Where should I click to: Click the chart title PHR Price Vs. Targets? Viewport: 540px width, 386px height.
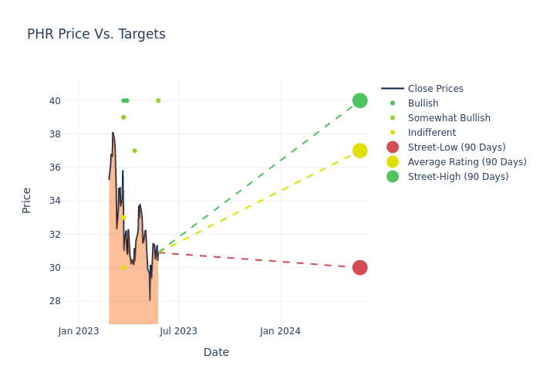coord(96,34)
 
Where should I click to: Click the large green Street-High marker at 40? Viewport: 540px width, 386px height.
coord(359,100)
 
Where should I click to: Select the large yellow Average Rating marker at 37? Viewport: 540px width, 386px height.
coord(359,151)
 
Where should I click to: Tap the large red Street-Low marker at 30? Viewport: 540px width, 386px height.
coord(359,268)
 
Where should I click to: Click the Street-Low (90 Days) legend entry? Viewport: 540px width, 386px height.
coord(457,147)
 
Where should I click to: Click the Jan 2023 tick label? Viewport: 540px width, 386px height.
coord(79,331)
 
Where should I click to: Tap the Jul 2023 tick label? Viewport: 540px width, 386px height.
coord(178,331)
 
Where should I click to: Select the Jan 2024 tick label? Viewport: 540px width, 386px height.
coord(280,331)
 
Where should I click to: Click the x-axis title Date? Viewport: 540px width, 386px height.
coord(216,352)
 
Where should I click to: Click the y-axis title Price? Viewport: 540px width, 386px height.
coord(27,200)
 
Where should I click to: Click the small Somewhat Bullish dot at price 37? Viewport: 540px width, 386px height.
coord(134,151)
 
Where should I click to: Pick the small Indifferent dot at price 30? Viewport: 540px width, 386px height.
coord(123,268)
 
